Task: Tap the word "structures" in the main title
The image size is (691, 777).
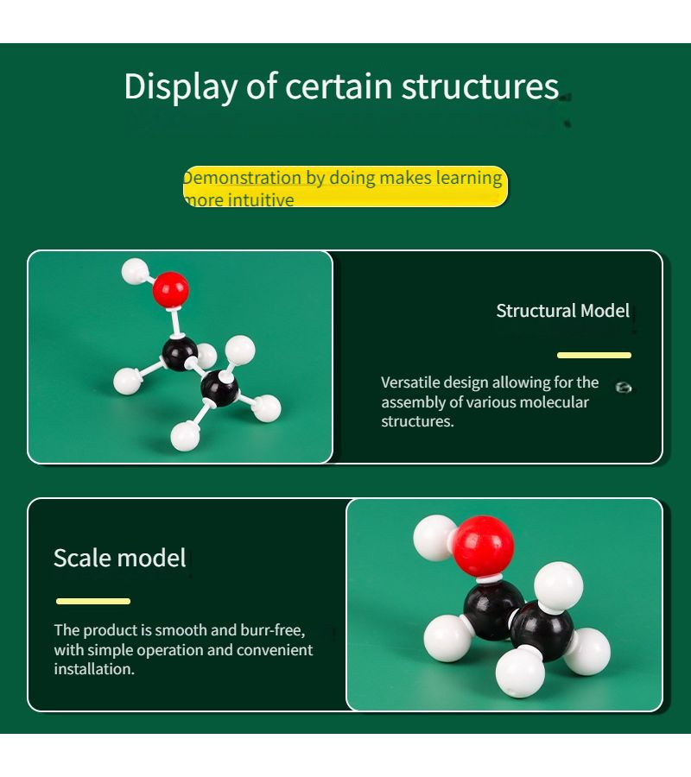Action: [x=480, y=86]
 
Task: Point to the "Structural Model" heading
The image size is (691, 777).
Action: [x=562, y=311]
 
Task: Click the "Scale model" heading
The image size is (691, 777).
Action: [x=119, y=558]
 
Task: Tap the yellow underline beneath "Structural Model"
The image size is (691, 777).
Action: [x=594, y=355]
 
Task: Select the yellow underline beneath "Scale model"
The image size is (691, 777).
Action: [x=93, y=601]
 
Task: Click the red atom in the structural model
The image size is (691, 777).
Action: [x=170, y=288]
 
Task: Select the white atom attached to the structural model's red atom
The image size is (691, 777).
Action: [x=135, y=272]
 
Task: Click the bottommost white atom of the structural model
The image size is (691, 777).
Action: [x=185, y=437]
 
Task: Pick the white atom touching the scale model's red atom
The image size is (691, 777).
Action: [x=434, y=538]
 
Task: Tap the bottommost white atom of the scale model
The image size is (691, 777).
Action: [x=520, y=673]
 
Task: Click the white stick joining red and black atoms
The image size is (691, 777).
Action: [x=175, y=322]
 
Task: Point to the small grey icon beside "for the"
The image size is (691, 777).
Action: [x=624, y=388]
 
